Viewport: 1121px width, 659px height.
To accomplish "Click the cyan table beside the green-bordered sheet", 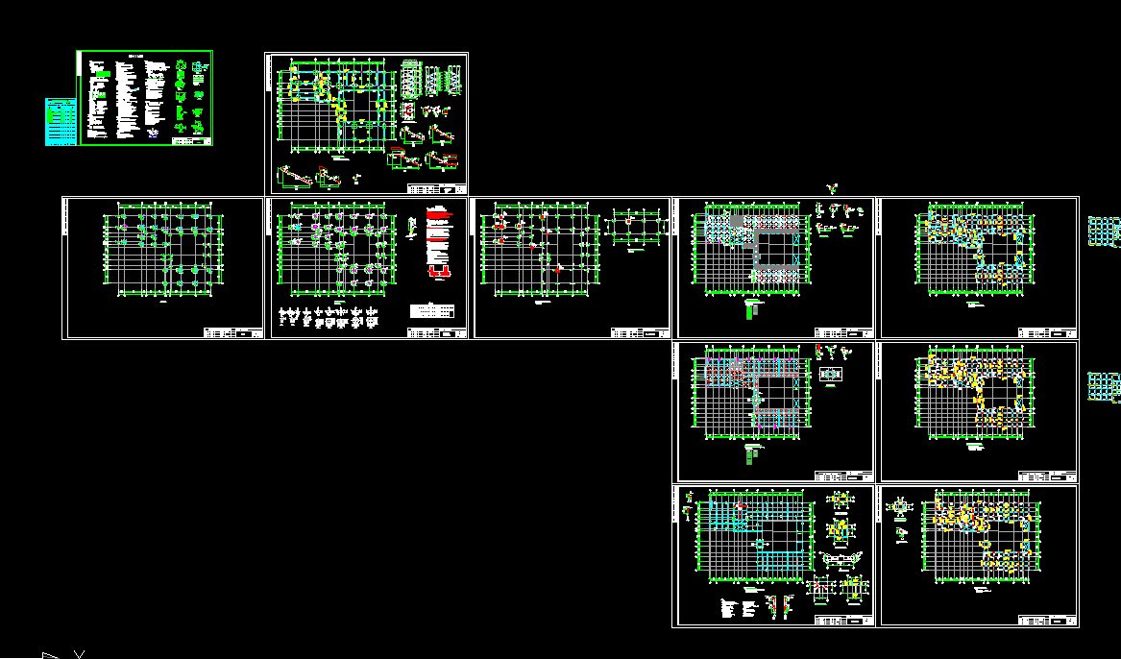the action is (60, 121).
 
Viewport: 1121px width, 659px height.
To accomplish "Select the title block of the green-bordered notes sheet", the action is (191, 140).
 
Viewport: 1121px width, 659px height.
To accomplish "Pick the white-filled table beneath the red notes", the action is (432, 311).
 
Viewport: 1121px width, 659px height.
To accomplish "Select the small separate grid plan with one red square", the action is (635, 232).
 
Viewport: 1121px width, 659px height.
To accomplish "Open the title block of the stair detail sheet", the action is (437, 187).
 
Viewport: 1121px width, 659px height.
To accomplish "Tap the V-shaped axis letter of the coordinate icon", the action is (80, 654).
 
